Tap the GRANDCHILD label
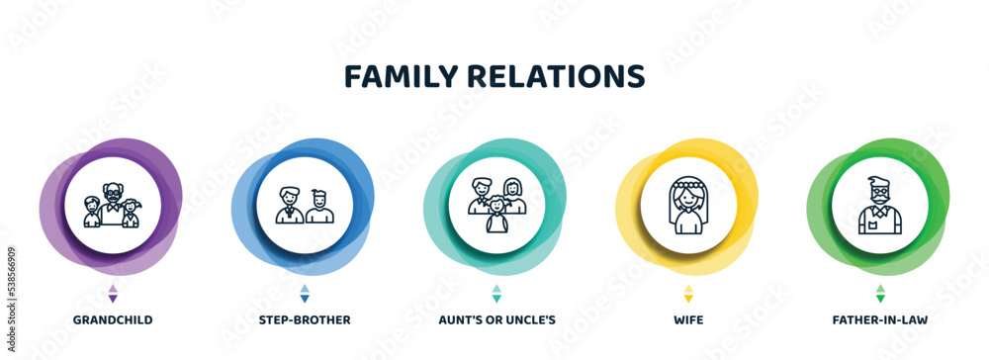[x=113, y=321]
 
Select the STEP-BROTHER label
[x=305, y=321]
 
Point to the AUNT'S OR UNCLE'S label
[x=496, y=321]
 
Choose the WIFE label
[x=688, y=321]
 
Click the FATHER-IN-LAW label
[x=880, y=321]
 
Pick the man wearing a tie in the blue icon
[x=290, y=206]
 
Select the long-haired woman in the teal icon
[x=513, y=195]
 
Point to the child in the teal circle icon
[x=496, y=217]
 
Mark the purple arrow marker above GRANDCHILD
[x=113, y=293]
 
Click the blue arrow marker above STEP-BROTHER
[x=305, y=293]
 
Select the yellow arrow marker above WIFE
[x=688, y=293]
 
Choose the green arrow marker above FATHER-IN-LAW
[x=880, y=293]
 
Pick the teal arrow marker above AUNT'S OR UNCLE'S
[x=496, y=293]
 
